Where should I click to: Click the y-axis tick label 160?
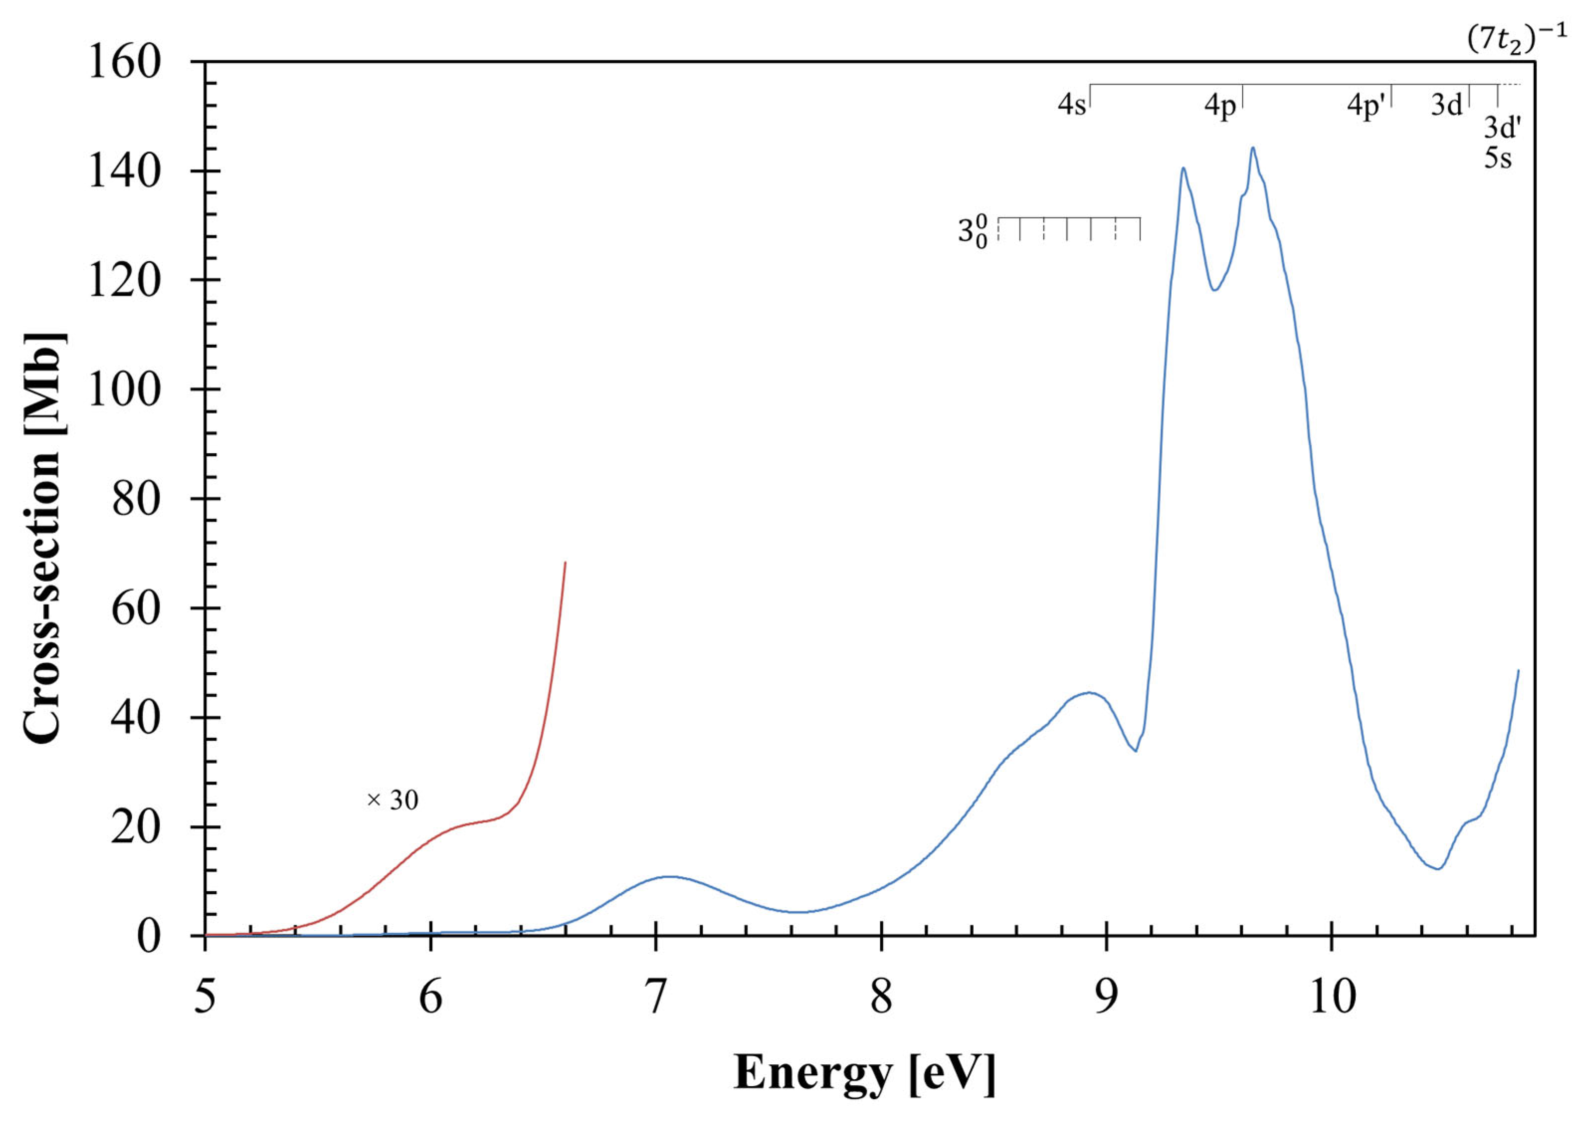click(x=124, y=62)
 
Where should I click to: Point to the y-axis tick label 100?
click(x=124, y=390)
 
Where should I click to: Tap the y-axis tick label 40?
click(x=135, y=718)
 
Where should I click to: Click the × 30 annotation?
click(x=392, y=800)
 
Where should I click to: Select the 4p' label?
click(x=1366, y=107)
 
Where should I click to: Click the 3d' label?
click(x=1502, y=128)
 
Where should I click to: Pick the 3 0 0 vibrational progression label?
click(x=973, y=230)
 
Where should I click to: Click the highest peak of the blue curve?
click(x=1252, y=148)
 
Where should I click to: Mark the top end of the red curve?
click(x=565, y=563)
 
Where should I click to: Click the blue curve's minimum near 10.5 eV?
click(x=1437, y=868)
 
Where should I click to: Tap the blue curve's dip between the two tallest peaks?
click(x=1214, y=290)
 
